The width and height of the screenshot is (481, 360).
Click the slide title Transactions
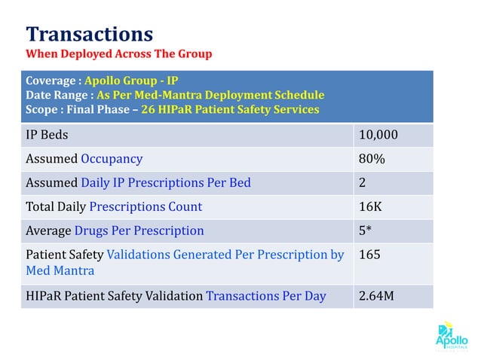[x=89, y=34]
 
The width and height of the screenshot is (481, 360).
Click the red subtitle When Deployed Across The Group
[x=118, y=54]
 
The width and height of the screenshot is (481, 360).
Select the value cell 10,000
[x=378, y=136]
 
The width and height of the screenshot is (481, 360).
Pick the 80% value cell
[x=372, y=159]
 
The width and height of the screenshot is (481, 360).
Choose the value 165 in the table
[x=369, y=255]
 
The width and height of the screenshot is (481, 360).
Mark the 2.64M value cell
[x=376, y=296]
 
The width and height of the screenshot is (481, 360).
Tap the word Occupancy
[x=112, y=159]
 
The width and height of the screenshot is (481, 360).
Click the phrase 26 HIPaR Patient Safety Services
[x=230, y=109]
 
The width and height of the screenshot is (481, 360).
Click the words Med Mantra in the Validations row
[x=60, y=270]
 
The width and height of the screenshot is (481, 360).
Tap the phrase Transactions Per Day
[x=265, y=296]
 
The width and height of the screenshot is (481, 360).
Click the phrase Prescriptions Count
[x=146, y=206]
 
